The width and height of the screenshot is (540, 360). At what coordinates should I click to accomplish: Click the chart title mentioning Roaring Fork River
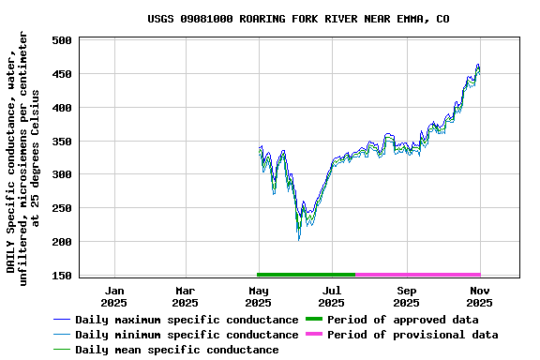coord(298,19)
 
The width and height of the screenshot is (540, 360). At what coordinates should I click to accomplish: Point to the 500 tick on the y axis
coord(63,40)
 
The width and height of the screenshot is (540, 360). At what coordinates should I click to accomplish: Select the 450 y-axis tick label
coord(63,74)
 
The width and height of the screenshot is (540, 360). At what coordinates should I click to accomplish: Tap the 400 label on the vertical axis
coord(63,108)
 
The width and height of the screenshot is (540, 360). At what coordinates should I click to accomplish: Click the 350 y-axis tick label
coord(63,142)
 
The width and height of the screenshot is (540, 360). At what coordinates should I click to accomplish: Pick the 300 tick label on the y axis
coord(63,174)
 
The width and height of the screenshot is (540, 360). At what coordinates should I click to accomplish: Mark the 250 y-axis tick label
coord(63,208)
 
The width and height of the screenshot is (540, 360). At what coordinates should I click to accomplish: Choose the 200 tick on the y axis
coord(63,242)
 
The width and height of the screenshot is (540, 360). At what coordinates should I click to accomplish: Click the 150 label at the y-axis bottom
coord(63,276)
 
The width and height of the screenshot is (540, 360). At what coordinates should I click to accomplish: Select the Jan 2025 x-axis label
coord(113,296)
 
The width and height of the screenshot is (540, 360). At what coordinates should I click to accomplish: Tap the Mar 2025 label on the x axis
coord(186,296)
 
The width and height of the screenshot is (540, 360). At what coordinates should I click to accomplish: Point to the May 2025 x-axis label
coord(258,296)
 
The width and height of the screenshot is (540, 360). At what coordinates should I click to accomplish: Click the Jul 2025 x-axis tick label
coord(331,296)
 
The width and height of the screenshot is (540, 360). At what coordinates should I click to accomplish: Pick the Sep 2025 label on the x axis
coord(406,296)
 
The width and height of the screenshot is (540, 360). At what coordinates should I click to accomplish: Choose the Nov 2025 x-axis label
coord(479,296)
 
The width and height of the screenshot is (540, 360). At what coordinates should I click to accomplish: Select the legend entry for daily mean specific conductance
coord(176,350)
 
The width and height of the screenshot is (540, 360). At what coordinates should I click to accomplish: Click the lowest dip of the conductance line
coord(299,238)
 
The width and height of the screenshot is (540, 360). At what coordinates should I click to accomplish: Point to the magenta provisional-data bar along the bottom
coord(418,275)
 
